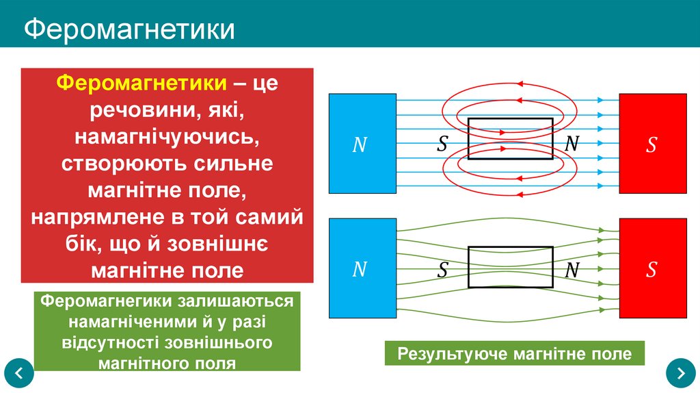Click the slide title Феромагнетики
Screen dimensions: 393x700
(130, 29)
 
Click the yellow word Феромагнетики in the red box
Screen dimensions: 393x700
(142, 83)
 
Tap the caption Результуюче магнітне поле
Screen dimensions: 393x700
(515, 354)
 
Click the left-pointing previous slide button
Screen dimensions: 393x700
(19, 373)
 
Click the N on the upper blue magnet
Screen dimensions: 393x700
(360, 144)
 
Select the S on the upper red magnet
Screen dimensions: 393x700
(651, 144)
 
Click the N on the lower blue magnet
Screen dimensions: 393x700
(360, 270)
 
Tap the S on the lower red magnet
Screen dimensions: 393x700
(651, 270)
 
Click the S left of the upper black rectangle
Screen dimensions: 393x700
(443, 144)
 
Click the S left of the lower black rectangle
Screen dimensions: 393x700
(443, 270)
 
